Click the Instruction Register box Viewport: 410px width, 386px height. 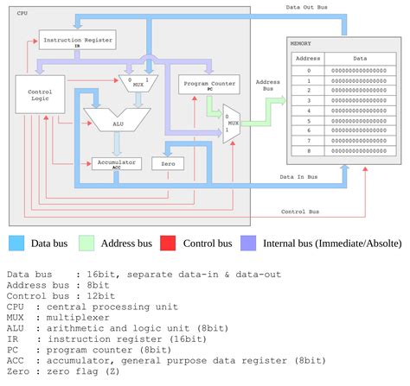pos(76,40)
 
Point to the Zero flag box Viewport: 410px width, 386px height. pos(168,162)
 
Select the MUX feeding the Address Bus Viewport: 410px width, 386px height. pos(233,117)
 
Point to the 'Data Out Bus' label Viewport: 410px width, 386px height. pos(307,7)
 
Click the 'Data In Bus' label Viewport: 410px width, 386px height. pos(299,177)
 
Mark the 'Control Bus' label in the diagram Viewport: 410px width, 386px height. pos(300,212)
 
